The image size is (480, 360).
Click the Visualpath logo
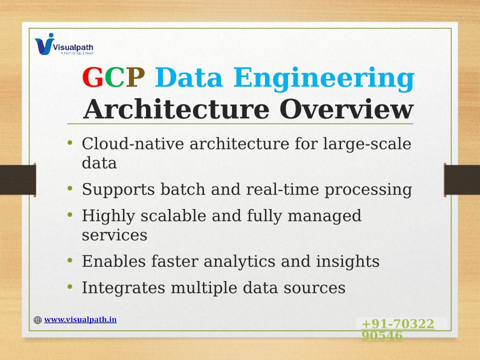tap(64, 44)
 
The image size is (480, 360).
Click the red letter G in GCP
tap(93, 77)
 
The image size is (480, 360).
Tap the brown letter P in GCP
tap(135, 77)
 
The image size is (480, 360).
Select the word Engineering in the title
tap(324, 79)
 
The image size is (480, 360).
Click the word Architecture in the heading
tap(176, 109)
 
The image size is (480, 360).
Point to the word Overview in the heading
tap(346, 109)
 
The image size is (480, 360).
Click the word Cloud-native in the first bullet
tap(133, 143)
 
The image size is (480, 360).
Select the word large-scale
tap(367, 144)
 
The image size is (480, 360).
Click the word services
tap(114, 235)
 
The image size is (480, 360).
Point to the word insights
tap(348, 262)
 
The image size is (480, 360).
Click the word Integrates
tap(123, 288)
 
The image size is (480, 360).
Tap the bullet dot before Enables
tap(70, 260)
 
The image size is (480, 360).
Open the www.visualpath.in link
tap(80, 319)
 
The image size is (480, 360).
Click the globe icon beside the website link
tap(37, 320)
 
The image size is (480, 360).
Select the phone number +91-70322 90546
tap(398, 329)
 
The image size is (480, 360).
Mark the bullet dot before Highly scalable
tap(70, 215)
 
